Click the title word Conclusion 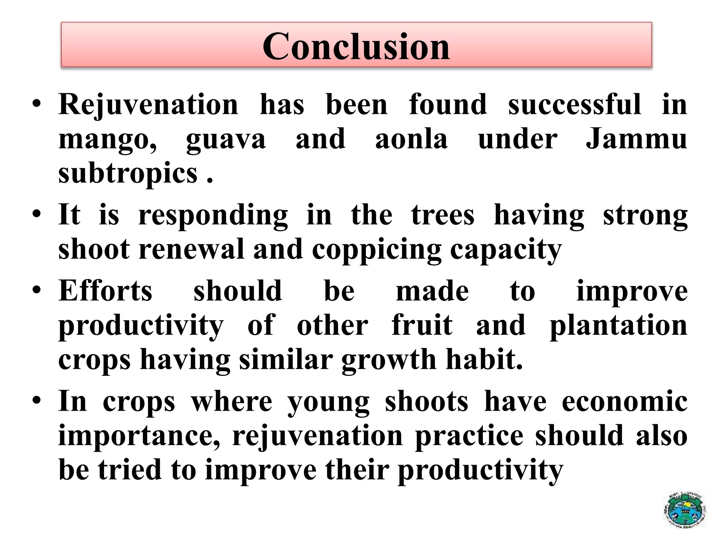[356, 46]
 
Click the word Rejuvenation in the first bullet [148, 104]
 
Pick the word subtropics [128, 174]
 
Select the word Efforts [105, 291]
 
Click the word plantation [618, 326]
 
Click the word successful [574, 104]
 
